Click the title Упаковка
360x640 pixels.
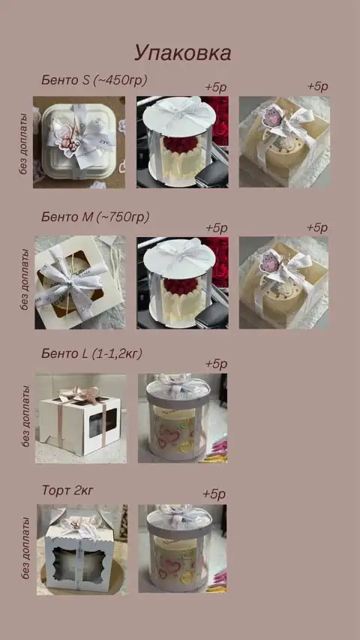(x=182, y=53)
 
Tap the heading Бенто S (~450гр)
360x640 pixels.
(x=94, y=80)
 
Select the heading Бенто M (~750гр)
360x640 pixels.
(x=95, y=217)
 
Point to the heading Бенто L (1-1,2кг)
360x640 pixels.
(x=91, y=354)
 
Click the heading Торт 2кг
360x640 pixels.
(x=67, y=490)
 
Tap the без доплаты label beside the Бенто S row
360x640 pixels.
(x=25, y=144)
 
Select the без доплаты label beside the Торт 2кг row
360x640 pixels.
(x=25, y=548)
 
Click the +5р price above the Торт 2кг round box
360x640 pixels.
(x=214, y=494)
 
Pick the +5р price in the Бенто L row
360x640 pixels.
(x=216, y=364)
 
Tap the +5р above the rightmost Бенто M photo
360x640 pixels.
(x=317, y=227)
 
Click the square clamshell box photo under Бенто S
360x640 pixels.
(x=79, y=142)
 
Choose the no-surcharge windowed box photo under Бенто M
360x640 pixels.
(x=80, y=282)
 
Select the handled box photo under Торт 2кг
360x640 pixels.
(x=82, y=549)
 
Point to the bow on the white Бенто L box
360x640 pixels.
(x=79, y=395)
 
